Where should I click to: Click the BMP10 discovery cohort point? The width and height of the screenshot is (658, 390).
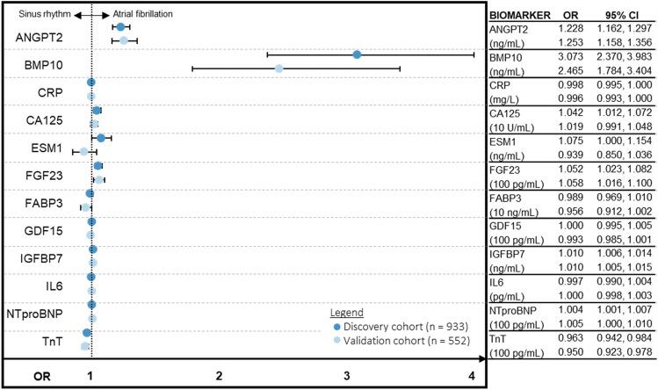tap(357, 54)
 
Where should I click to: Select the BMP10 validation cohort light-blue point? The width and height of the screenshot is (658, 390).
tap(278, 68)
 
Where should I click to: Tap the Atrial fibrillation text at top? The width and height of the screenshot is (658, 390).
tap(143, 15)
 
